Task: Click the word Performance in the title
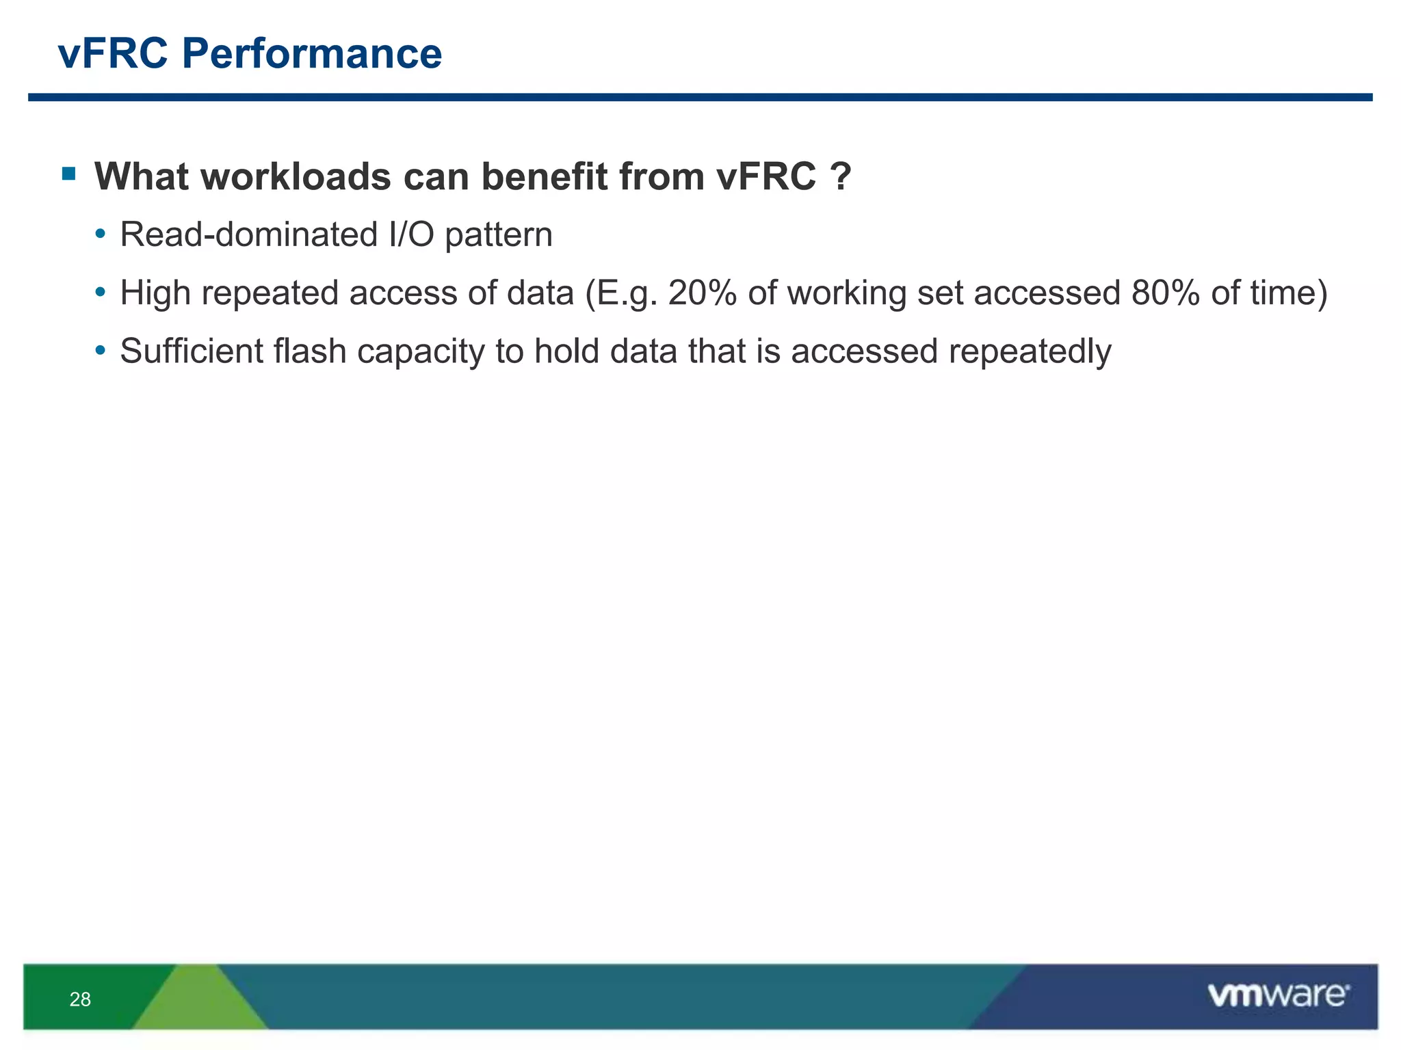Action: [311, 53]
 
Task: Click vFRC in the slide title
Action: [113, 53]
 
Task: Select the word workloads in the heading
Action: [296, 176]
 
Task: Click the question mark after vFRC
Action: [841, 176]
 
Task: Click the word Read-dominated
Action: [248, 234]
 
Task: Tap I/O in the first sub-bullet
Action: [411, 234]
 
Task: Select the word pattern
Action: [499, 236]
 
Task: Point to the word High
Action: [155, 294]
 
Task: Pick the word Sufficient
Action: [191, 351]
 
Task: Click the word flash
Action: [309, 351]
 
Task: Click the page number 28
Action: [80, 999]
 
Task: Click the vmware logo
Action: [1278, 995]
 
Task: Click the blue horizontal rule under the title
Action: [700, 98]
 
